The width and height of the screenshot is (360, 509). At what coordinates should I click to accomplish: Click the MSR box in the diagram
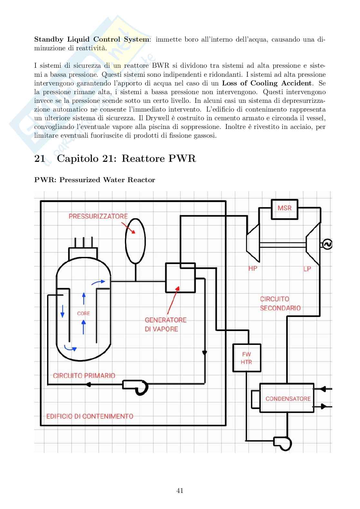284,209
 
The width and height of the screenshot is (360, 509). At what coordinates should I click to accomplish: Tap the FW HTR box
246,358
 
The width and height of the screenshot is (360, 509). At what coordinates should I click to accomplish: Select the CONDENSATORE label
288,399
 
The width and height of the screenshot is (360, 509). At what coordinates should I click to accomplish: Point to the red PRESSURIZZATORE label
98,216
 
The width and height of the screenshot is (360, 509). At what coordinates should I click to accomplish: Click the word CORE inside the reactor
83,313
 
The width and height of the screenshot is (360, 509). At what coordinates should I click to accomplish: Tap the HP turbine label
253,268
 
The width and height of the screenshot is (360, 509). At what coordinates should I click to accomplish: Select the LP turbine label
307,269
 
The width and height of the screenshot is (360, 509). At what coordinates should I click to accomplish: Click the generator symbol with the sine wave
327,244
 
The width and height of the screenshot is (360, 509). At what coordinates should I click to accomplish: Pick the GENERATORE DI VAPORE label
165,324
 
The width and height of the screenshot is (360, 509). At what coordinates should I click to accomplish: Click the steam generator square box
180,278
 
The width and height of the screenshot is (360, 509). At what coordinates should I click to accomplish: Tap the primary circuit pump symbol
135,386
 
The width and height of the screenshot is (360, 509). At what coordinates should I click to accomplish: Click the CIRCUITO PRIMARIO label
84,376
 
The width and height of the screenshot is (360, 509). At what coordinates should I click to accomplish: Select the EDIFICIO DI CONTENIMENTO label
90,416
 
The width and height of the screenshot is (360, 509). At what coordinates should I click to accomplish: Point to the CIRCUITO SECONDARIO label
280,303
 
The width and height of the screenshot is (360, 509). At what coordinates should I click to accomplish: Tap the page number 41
180,491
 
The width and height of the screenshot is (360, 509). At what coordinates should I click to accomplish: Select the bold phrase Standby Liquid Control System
92,39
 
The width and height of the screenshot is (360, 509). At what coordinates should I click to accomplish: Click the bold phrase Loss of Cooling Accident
267,83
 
